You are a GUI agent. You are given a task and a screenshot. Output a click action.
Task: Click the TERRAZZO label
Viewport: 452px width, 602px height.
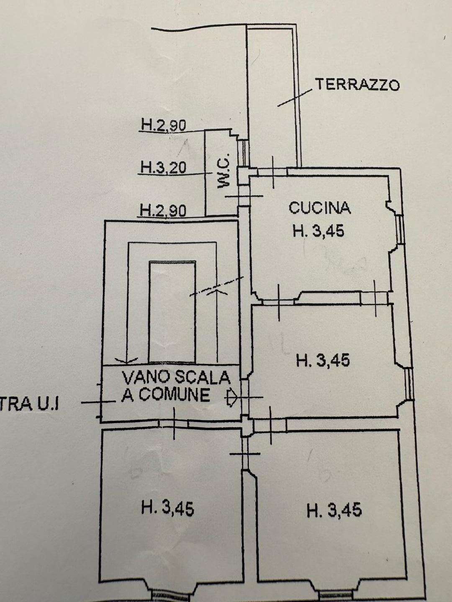click(357, 85)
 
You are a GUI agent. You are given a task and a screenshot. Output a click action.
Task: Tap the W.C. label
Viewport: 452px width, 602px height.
click(225, 176)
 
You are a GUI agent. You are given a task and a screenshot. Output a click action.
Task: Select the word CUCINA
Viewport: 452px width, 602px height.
click(320, 208)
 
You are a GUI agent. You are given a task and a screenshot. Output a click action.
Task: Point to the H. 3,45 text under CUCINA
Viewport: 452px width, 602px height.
click(319, 231)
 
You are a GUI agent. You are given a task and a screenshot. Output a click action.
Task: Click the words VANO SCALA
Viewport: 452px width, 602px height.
click(176, 378)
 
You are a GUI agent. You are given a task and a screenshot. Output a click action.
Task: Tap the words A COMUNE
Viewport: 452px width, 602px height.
click(166, 395)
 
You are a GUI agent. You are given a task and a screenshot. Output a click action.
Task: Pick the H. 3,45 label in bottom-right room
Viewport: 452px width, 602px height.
click(334, 510)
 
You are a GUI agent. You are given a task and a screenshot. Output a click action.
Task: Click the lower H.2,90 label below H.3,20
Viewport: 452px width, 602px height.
click(163, 210)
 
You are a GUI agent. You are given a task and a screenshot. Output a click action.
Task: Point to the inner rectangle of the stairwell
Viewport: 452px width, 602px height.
click(172, 311)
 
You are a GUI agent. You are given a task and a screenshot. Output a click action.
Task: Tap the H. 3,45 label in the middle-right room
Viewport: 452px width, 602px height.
click(322, 360)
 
